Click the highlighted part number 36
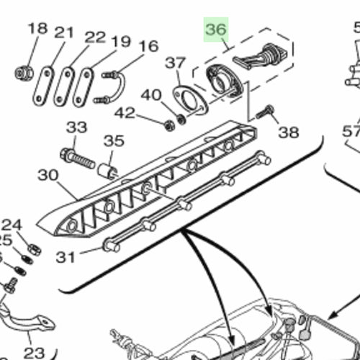tap(216, 31)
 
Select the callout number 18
tap(37, 30)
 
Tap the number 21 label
tap(65, 32)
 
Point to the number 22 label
tap(94, 37)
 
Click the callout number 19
tap(120, 42)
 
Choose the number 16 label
tap(148, 48)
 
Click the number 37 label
tap(175, 64)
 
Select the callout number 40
tap(150, 94)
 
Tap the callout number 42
tap(125, 112)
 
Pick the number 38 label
tap(288, 132)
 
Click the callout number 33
tap(76, 127)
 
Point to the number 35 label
tap(114, 140)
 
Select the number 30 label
tap(48, 175)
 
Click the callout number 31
tap(66, 256)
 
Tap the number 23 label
tap(33, 353)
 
